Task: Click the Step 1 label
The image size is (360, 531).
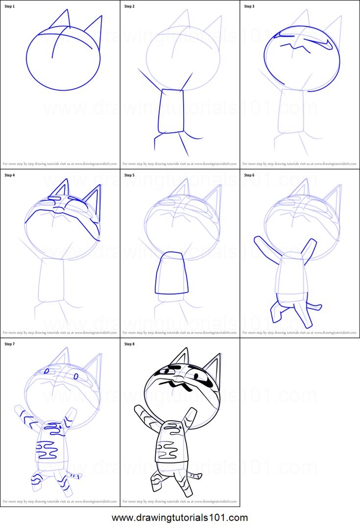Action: pyautogui.click(x=10, y=6)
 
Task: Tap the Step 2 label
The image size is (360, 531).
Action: pyautogui.click(x=130, y=6)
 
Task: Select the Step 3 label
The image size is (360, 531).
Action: pyautogui.click(x=249, y=6)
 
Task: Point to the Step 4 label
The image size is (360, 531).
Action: pyautogui.click(x=10, y=175)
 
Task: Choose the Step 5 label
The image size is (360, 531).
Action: pyautogui.click(x=130, y=175)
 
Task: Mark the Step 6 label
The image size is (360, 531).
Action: pyautogui.click(x=249, y=175)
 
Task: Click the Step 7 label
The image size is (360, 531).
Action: pyautogui.click(x=10, y=344)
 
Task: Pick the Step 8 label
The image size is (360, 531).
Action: pyautogui.click(x=130, y=344)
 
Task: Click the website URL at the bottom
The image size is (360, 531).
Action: pyautogui.click(x=180, y=518)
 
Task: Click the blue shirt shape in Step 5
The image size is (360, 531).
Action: pyautogui.click(x=171, y=273)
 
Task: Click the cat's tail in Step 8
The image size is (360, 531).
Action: pyautogui.click(x=195, y=475)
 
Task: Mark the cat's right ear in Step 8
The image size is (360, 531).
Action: pyautogui.click(x=212, y=365)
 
